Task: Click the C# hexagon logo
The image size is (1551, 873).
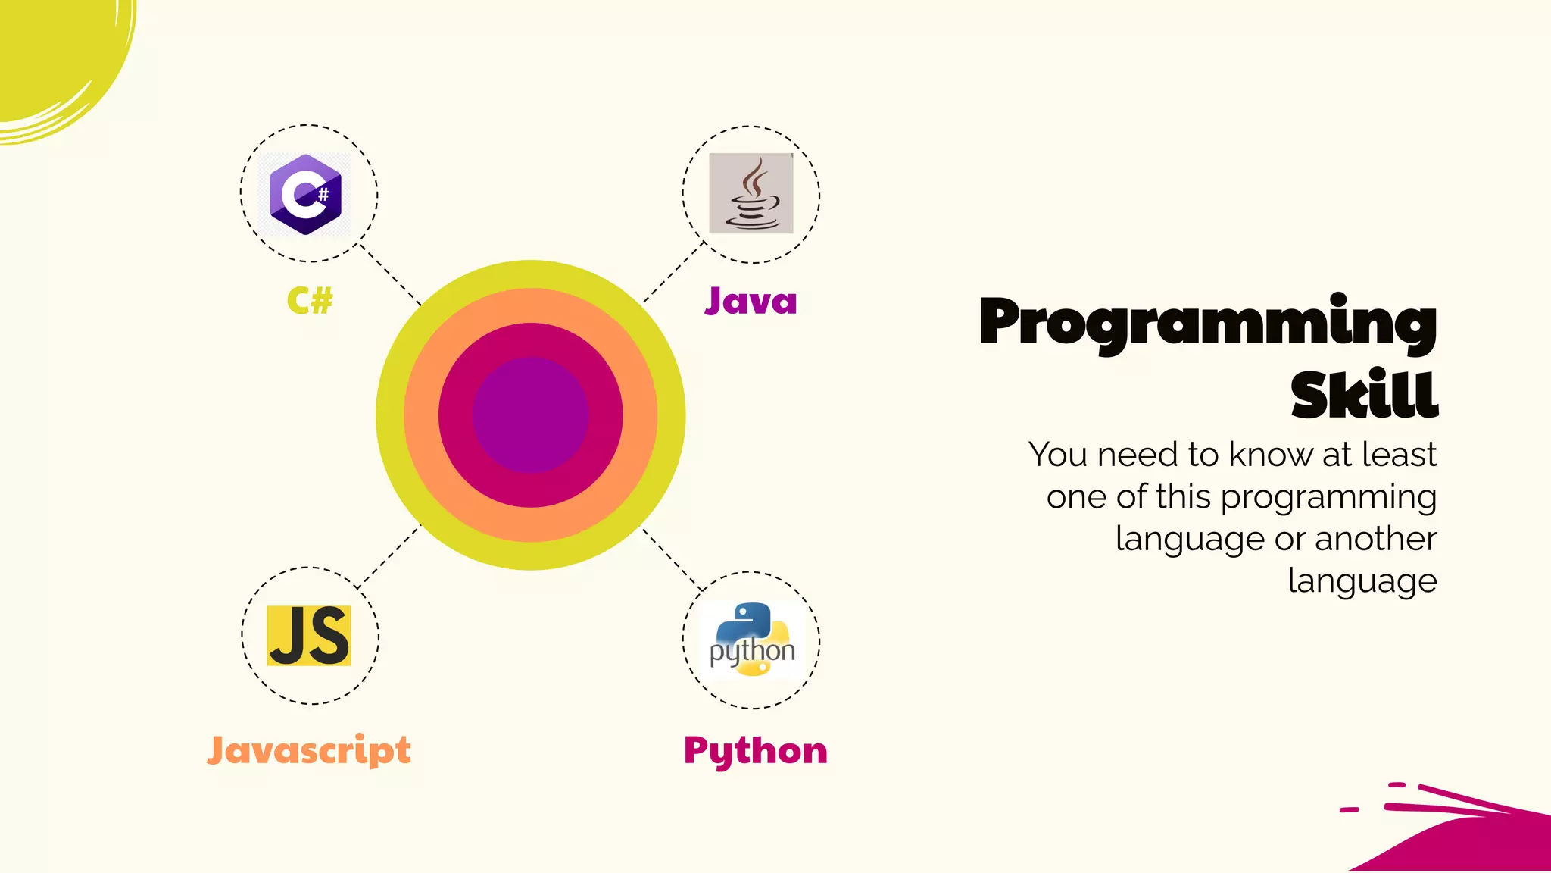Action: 305,194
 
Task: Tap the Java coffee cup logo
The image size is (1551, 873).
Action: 751,193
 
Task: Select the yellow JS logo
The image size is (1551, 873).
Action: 309,635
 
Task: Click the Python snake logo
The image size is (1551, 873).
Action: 751,640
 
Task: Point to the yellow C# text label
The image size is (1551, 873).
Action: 310,301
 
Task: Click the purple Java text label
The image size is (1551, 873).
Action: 751,301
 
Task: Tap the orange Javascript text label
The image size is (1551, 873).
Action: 309,750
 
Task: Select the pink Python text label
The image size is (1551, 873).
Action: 755,750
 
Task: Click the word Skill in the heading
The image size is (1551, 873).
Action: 1364,395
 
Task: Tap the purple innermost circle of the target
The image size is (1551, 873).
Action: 530,415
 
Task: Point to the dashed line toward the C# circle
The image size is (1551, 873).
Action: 390,274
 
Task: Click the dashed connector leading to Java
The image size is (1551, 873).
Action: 674,271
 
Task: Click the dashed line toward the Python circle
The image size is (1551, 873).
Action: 673,559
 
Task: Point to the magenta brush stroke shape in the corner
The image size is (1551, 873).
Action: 1477,841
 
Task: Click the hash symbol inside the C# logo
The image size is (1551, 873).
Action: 323,194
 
